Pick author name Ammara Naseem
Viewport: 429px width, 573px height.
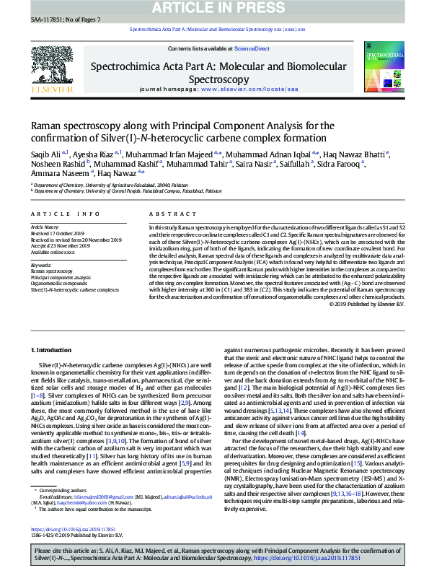pyautogui.click(x=50, y=173)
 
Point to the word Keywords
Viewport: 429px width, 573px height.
pyautogui.click(x=42, y=265)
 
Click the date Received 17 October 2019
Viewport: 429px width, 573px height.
pyautogui.click(x=58, y=234)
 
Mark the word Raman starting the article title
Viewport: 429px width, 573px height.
pyautogui.click(x=47, y=125)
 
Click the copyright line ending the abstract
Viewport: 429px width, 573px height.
pyautogui.click(x=367, y=303)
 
